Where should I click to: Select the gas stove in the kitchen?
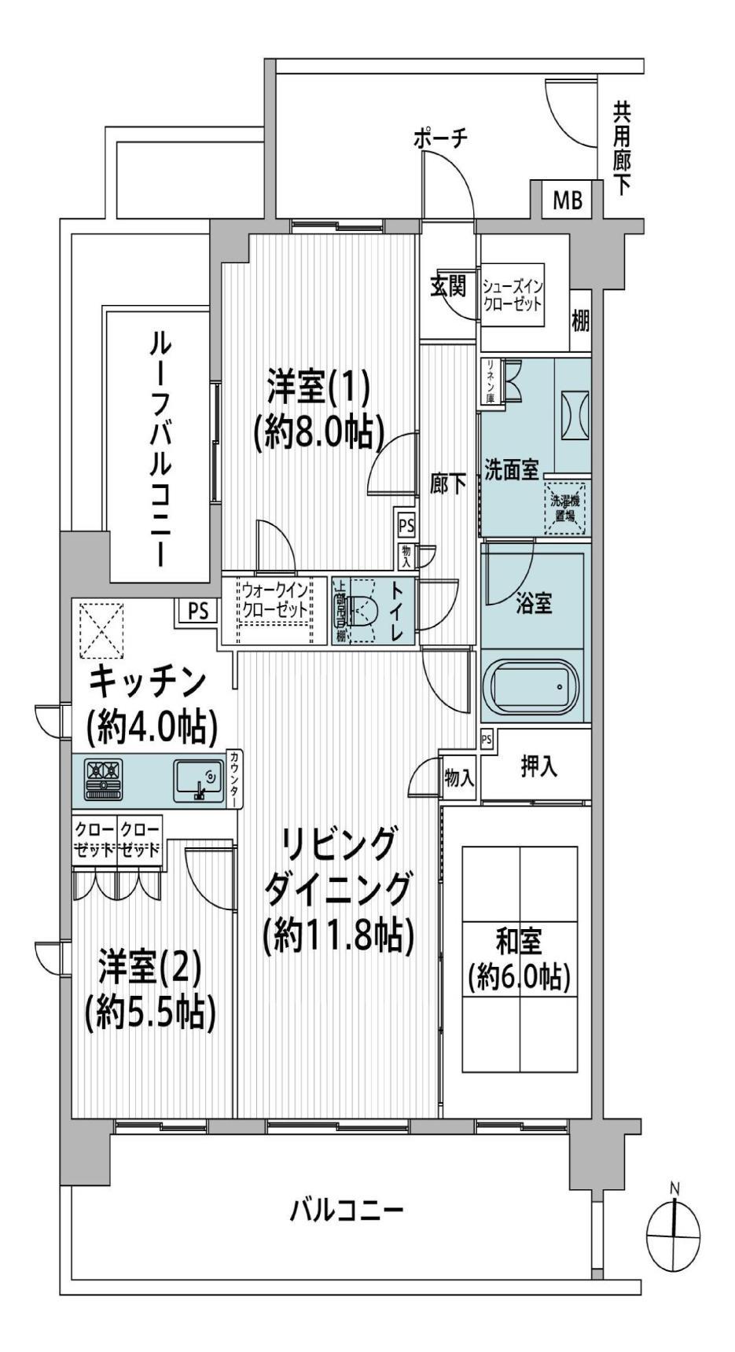tap(103, 777)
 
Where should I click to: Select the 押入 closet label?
tap(539, 766)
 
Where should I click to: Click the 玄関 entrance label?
tap(448, 286)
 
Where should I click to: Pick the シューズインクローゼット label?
tap(513, 296)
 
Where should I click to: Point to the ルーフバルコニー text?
tap(161, 448)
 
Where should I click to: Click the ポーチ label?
tap(440, 138)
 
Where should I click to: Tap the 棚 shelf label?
tap(580, 321)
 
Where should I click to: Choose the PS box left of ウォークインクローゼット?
tap(197, 611)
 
